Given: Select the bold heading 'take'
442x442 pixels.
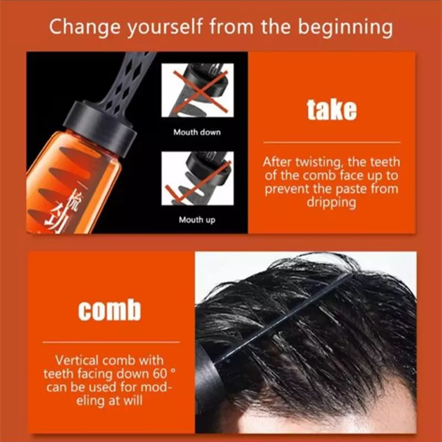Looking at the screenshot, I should (331, 110).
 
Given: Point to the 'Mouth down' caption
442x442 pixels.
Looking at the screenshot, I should (197, 133).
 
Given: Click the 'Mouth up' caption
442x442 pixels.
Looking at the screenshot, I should (197, 220).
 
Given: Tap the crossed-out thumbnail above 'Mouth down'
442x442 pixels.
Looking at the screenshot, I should (197, 90).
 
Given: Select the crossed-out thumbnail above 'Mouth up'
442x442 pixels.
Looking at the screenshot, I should (197, 178).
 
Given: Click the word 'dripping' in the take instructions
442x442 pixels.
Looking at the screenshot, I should (331, 202).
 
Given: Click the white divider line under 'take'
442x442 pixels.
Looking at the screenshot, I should (331, 142).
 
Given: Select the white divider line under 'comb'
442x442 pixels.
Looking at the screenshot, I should (110, 343).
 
